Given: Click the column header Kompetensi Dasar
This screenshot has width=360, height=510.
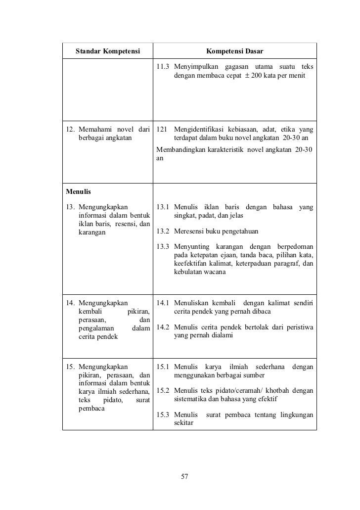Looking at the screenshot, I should point(234,51).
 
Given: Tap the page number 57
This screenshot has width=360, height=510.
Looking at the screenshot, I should point(185,477).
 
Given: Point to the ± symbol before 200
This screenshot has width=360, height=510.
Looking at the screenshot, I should point(247,76).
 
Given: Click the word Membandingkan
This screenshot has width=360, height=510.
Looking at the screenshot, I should point(180,149).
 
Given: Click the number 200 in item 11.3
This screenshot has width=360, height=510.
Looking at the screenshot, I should point(258,76).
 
